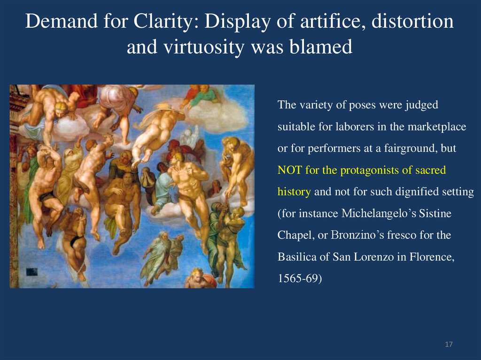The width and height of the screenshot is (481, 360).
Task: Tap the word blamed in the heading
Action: point(325,47)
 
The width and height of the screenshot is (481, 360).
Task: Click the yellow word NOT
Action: point(290,170)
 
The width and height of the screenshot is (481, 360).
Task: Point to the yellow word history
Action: point(294,191)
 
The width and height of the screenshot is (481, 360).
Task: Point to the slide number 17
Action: point(449,345)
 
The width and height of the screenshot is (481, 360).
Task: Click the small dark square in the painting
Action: point(32,271)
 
